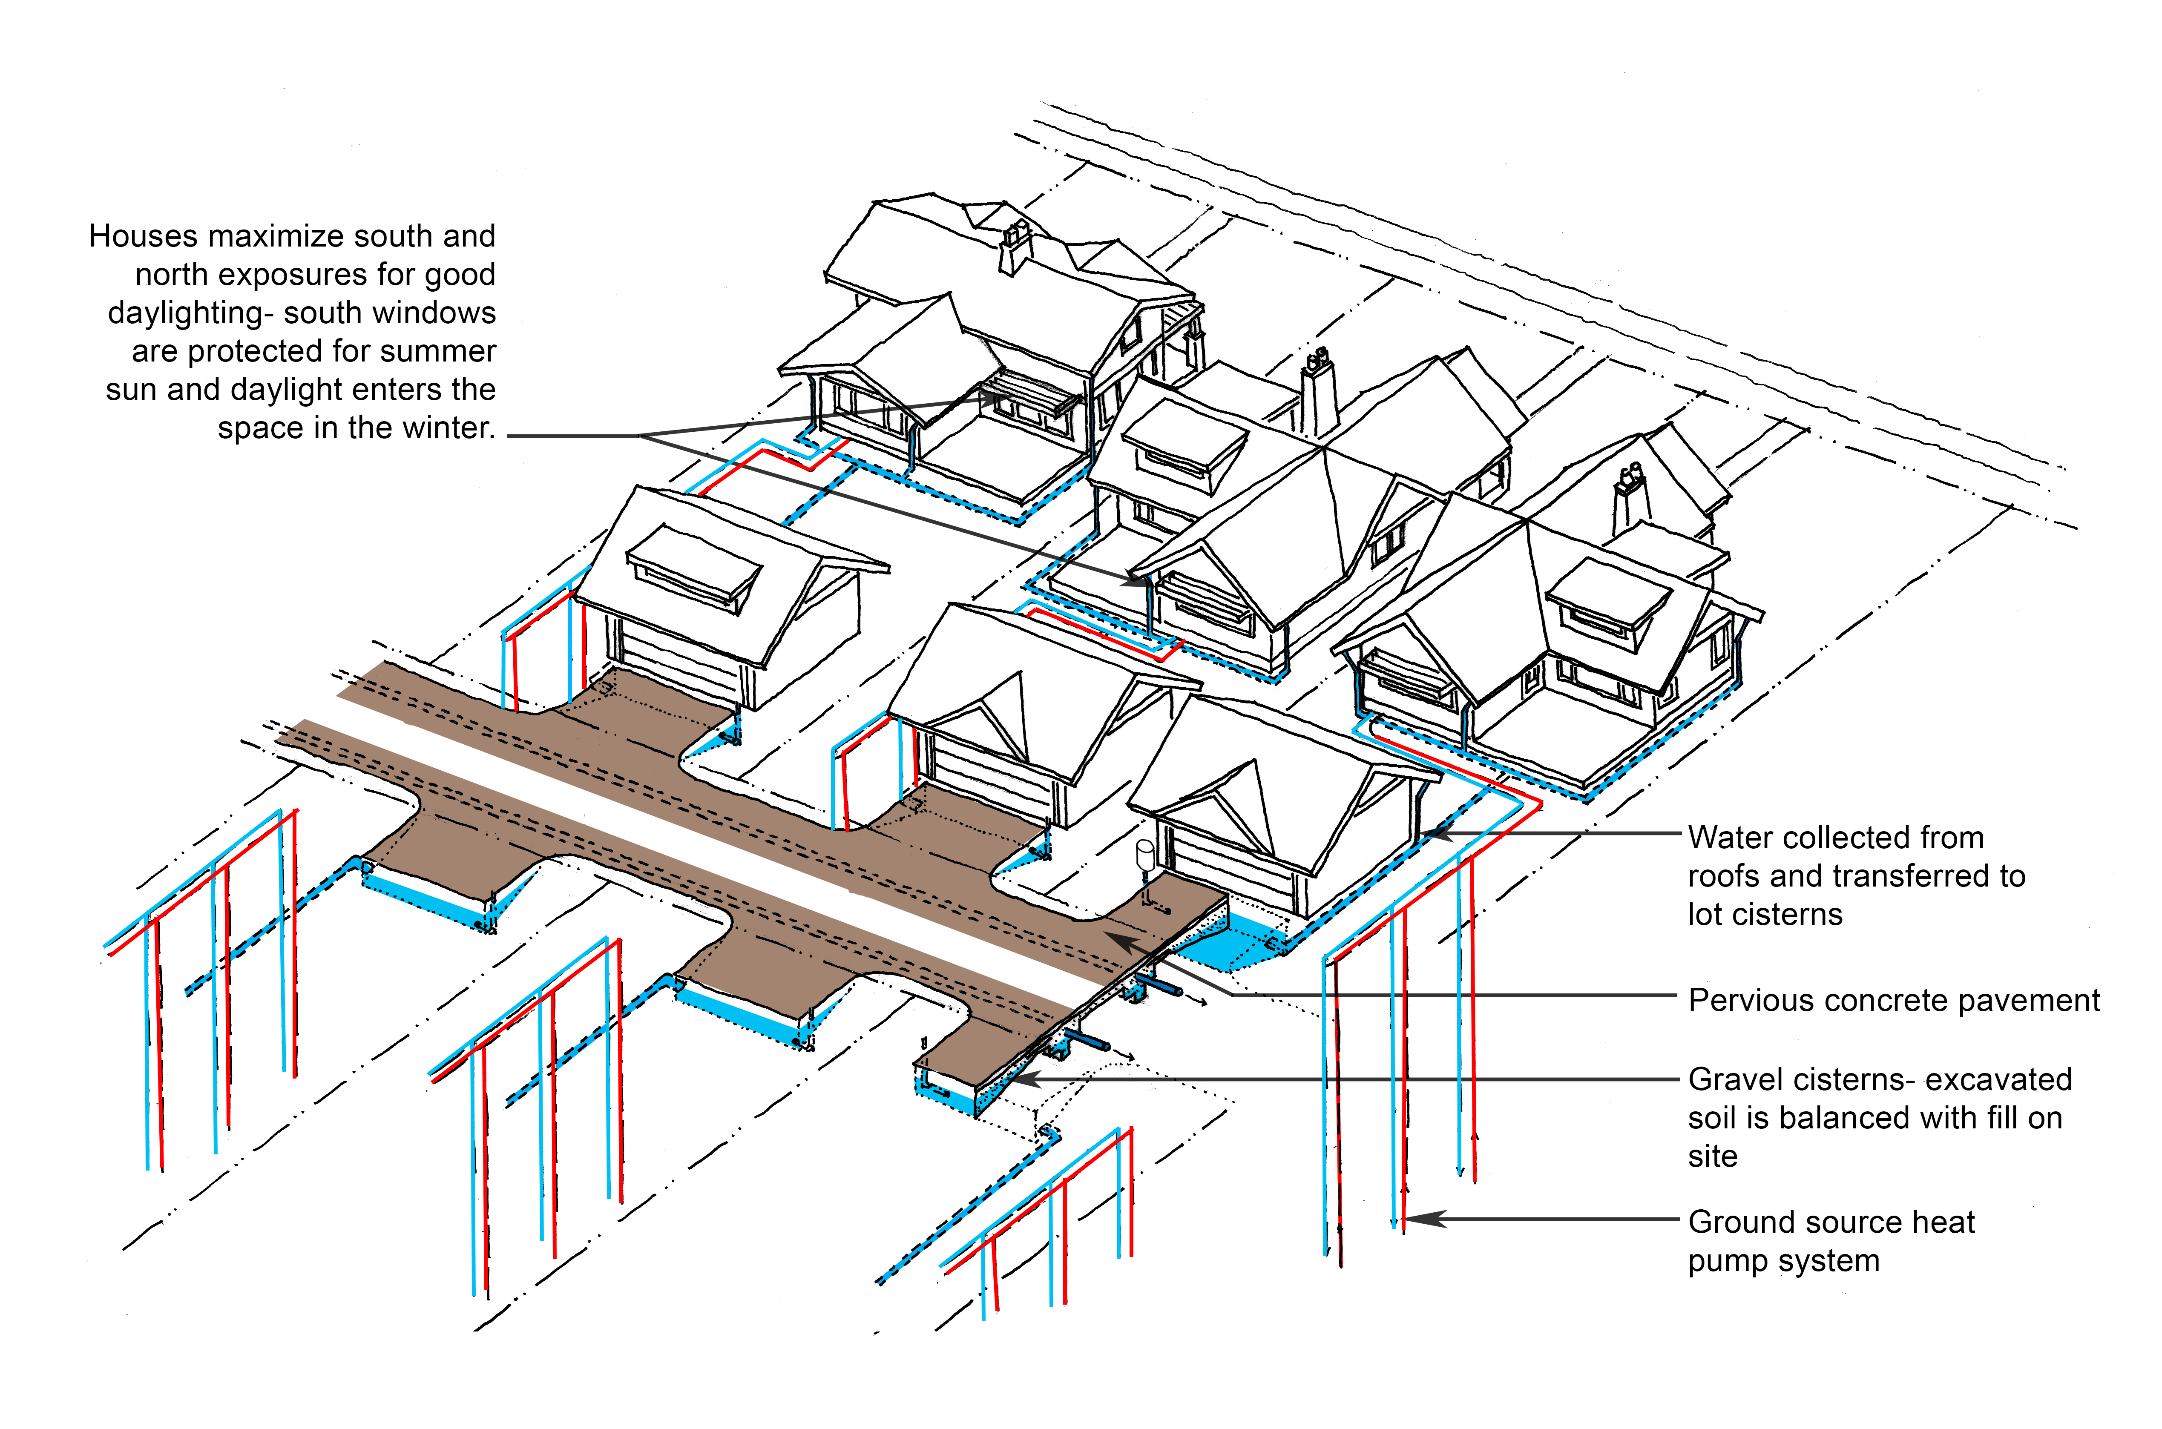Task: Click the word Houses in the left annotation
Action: tap(143, 236)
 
